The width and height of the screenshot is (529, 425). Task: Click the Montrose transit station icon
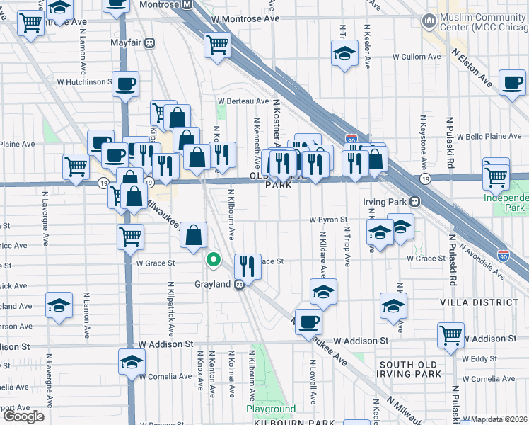coord(187,4)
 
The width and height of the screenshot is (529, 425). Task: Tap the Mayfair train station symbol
coord(149,43)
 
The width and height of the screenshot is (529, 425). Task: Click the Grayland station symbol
coord(240,284)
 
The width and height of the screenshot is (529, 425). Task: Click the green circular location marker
coord(213,260)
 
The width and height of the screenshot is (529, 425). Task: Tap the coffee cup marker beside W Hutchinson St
coord(126,85)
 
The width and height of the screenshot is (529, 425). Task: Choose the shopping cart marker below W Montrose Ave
coord(218,45)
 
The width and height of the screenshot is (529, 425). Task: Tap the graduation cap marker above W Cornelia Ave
coord(132,362)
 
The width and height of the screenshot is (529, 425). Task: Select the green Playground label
coord(271,409)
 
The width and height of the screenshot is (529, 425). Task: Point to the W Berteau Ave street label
coord(243,101)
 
